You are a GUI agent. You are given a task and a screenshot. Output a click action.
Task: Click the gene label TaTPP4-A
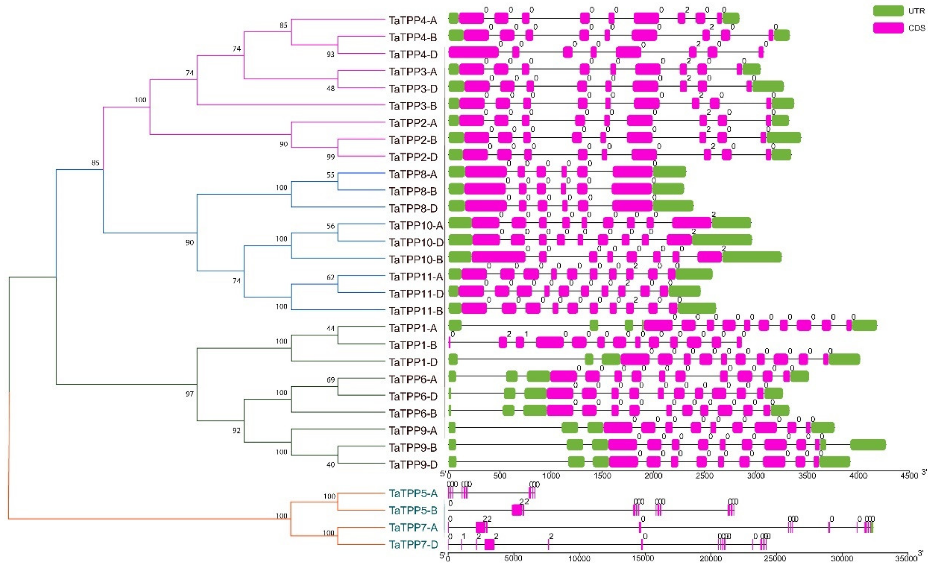[x=413, y=20]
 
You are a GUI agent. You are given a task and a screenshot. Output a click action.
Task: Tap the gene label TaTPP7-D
[x=413, y=545]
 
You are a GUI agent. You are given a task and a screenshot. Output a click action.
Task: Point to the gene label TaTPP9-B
[x=413, y=447]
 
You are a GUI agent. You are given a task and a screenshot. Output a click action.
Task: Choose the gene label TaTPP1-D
[x=413, y=362]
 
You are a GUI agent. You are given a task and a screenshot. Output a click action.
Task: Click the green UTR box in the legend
[x=888, y=11]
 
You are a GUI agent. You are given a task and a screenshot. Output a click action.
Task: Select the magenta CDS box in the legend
[x=888, y=28]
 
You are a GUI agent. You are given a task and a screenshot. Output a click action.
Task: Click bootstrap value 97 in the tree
[x=190, y=394]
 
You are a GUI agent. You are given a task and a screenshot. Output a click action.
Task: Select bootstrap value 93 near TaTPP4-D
[x=331, y=54]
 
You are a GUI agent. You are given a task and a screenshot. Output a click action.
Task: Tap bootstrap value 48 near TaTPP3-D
[x=331, y=88]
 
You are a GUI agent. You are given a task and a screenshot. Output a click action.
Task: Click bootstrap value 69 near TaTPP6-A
[x=331, y=380]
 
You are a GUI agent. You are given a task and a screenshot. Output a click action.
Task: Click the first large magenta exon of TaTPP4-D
[x=473, y=52]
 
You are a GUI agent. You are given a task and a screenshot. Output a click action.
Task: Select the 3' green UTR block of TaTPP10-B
[x=752, y=257]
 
